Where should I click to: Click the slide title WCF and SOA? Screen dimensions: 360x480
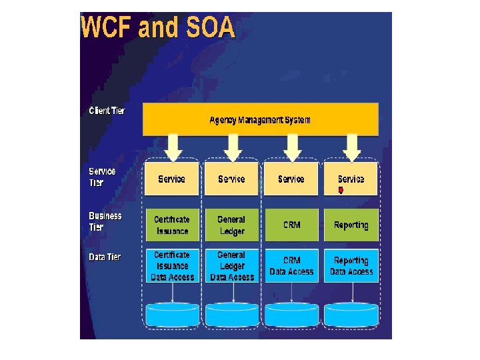[x=157, y=28]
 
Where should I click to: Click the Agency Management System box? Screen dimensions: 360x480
[x=260, y=120]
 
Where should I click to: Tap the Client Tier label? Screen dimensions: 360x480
[x=107, y=111]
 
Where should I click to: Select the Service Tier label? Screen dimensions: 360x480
[x=103, y=177]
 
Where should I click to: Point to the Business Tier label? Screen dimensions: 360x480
[x=105, y=221]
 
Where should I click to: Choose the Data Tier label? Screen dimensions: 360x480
[x=105, y=257]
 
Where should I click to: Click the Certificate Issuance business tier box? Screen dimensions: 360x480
[x=172, y=225]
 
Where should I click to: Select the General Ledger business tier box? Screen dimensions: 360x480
[x=231, y=225]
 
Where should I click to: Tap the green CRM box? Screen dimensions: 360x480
[x=291, y=225]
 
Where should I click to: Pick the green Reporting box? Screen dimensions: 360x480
[x=351, y=225]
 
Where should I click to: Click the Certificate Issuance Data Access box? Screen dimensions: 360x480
[x=172, y=265]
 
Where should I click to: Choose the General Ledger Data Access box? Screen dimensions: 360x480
[x=231, y=265]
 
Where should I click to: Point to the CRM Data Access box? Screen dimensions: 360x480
[x=291, y=265]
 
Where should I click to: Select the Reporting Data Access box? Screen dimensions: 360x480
[x=351, y=265]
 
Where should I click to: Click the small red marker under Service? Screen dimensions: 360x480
[x=341, y=190]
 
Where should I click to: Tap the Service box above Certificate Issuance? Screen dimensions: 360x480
[x=172, y=179]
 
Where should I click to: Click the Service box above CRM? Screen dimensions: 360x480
[x=291, y=179]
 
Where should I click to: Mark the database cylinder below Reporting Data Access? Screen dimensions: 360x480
[x=351, y=314]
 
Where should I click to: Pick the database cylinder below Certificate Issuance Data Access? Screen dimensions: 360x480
[x=172, y=314]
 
